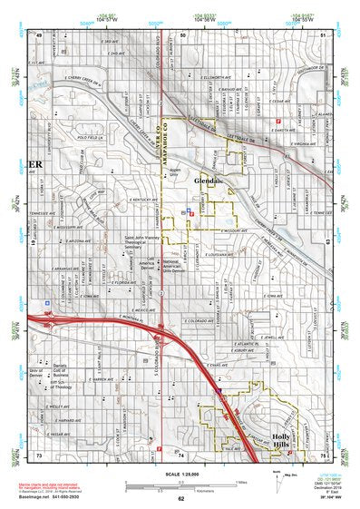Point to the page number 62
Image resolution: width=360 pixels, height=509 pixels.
(180, 498)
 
